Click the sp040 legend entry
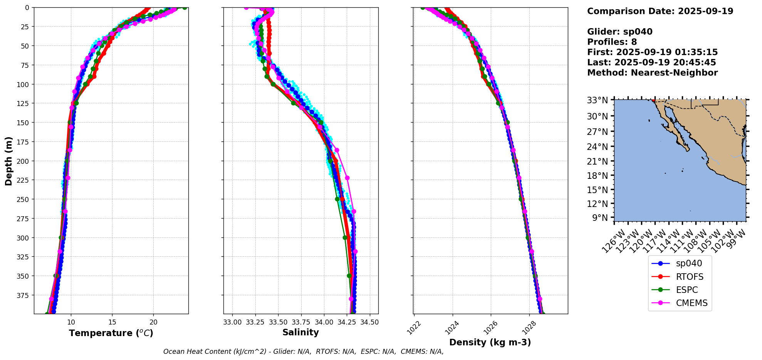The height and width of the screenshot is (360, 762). tap(689, 264)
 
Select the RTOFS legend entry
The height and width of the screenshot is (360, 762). tap(690, 277)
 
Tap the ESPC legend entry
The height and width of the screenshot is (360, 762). tap(686, 290)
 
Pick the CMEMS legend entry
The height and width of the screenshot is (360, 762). tap(692, 303)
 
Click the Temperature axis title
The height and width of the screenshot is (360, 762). tap(111, 333)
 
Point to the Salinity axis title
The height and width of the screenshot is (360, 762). tap(300, 333)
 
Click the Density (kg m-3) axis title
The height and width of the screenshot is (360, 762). tap(490, 342)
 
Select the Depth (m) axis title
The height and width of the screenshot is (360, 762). tap(8, 161)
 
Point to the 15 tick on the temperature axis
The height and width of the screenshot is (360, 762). tap(112, 322)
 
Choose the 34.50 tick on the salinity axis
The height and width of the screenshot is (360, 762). tap(370, 322)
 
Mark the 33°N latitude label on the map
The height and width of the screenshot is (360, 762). tap(598, 100)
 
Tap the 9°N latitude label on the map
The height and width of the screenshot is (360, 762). tap(599, 218)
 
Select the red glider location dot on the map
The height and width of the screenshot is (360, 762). tap(653, 100)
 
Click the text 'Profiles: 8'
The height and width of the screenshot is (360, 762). tap(612, 42)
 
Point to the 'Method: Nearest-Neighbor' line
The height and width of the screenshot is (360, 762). tap(652, 73)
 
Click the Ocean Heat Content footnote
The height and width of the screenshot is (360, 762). tap(303, 352)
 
